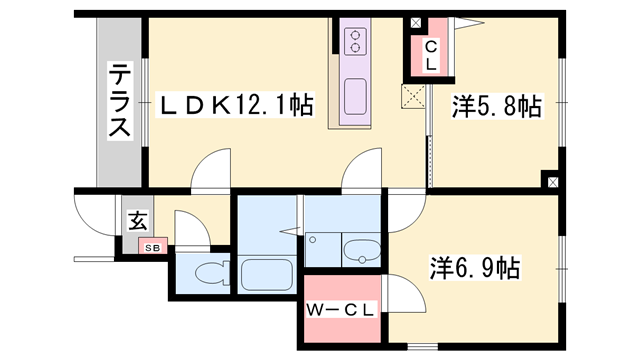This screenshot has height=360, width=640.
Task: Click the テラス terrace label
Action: coord(120,101)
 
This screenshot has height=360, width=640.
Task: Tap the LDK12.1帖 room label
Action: coord(229,104)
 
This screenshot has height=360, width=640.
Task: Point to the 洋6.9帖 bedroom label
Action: coord(475,268)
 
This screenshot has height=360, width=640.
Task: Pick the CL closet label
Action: coord(430,55)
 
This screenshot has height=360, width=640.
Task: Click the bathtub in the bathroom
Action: coord(265,275)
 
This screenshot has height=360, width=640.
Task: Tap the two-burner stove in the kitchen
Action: coord(355,40)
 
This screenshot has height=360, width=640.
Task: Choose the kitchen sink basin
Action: coord(355,97)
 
